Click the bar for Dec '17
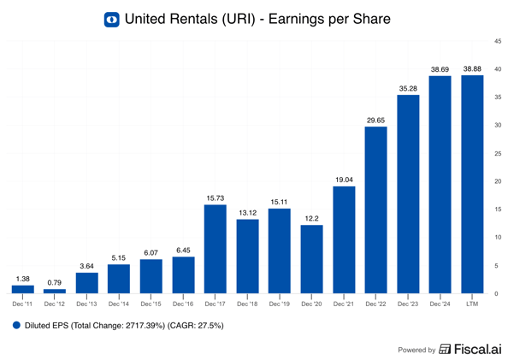[x=215, y=249]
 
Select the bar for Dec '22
[x=375, y=210]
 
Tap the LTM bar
[x=471, y=184]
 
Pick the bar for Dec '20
[x=311, y=259]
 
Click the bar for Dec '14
[x=119, y=279]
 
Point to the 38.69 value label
[x=440, y=68]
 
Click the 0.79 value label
[x=55, y=281]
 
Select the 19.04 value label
[x=343, y=179]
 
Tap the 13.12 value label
[x=247, y=212]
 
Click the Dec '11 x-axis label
[x=23, y=304]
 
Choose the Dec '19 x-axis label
[x=279, y=304]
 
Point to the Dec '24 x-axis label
[x=440, y=304]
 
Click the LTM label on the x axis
[x=471, y=304]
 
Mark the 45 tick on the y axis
[x=498, y=41]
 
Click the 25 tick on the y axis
[x=498, y=153]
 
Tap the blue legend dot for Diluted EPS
[x=16, y=325]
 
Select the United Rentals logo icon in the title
[x=111, y=19]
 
